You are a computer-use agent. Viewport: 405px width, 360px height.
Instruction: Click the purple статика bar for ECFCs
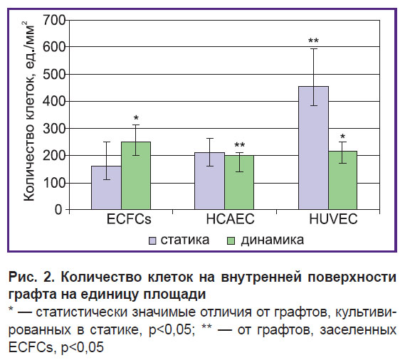(107, 188)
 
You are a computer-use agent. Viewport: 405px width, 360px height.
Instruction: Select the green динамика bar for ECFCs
(136, 176)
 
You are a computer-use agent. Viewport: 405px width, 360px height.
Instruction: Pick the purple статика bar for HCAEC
(209, 181)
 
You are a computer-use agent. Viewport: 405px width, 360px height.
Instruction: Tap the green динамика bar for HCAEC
(239, 182)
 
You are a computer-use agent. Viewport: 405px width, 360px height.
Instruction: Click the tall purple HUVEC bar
(314, 148)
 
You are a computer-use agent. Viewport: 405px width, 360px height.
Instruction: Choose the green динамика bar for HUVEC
(343, 180)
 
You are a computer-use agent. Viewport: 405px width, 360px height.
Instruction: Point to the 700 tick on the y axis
(54, 20)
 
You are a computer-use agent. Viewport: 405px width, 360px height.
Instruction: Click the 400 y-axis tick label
(54, 101)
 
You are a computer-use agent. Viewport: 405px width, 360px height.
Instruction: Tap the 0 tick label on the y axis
(58, 209)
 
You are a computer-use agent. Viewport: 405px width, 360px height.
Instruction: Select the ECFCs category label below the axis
(129, 219)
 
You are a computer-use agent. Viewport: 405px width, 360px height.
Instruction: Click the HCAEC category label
(230, 219)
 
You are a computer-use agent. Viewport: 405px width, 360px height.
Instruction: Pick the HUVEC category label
(333, 219)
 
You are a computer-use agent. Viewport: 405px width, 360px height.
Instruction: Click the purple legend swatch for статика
(152, 240)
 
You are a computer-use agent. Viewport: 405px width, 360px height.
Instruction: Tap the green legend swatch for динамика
(231, 240)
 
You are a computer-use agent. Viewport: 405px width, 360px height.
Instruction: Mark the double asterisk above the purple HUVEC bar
(314, 41)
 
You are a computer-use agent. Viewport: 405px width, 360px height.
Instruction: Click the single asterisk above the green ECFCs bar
(136, 118)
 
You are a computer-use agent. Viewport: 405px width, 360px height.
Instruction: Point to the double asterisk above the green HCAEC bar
(239, 145)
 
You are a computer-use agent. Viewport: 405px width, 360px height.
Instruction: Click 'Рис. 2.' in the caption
(32, 277)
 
